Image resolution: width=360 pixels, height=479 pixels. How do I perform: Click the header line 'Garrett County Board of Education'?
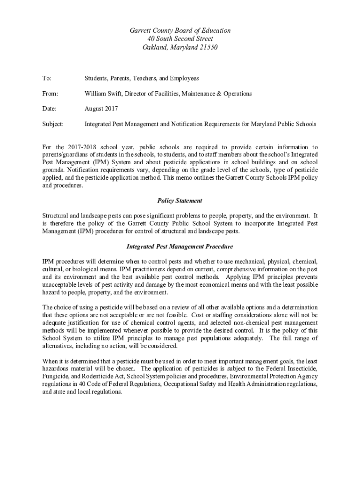[x=180, y=30]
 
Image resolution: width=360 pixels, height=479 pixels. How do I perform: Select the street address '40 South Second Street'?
[x=180, y=39]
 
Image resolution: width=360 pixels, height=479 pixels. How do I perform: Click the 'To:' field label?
[x=47, y=78]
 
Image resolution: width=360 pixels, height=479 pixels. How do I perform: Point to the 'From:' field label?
[x=50, y=94]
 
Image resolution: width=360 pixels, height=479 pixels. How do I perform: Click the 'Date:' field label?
[x=50, y=109]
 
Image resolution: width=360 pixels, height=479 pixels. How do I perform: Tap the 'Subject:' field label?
[x=53, y=124]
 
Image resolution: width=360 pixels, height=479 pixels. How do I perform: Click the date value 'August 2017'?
[x=101, y=109]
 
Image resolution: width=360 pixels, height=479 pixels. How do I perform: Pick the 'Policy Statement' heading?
[x=180, y=201]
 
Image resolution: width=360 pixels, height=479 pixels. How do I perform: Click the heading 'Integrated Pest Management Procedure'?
[x=180, y=247]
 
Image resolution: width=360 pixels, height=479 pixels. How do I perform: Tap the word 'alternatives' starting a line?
[x=58, y=346]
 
